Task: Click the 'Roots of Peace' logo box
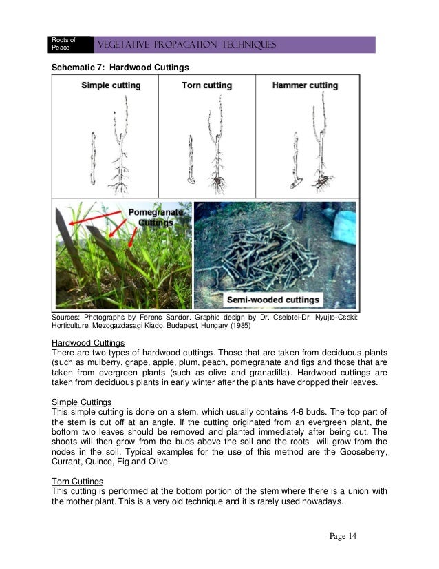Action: pyautogui.click(x=67, y=44)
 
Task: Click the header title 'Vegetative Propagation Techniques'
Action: pyautogui.click(x=188, y=45)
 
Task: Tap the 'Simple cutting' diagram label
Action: pyautogui.click(x=111, y=85)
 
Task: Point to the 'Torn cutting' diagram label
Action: pyautogui.click(x=206, y=85)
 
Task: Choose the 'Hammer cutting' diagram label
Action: pyautogui.click(x=305, y=85)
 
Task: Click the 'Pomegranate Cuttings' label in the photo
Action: pyautogui.click(x=156, y=218)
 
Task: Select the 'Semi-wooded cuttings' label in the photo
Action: pyautogui.click(x=275, y=300)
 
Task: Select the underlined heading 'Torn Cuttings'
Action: pyautogui.click(x=78, y=481)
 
